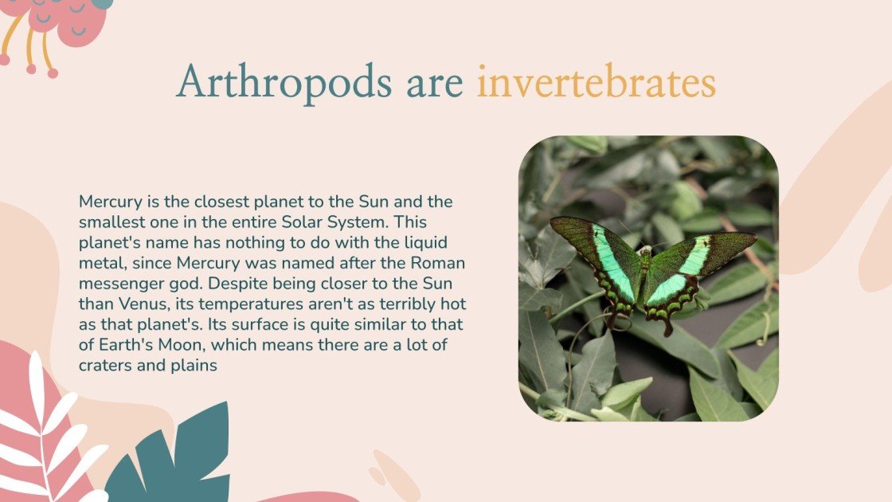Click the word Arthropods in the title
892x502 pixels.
pyautogui.click(x=284, y=83)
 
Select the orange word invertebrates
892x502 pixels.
pyautogui.click(x=596, y=83)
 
